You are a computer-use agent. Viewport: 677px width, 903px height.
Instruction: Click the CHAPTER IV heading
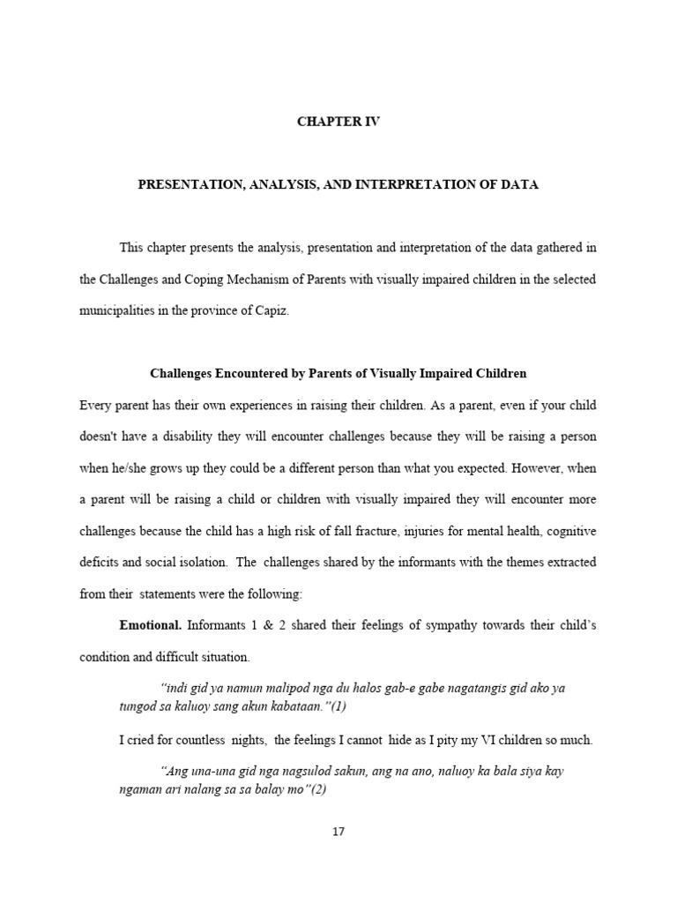[x=338, y=123]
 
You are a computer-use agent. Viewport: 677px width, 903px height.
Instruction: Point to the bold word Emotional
[x=151, y=625]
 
